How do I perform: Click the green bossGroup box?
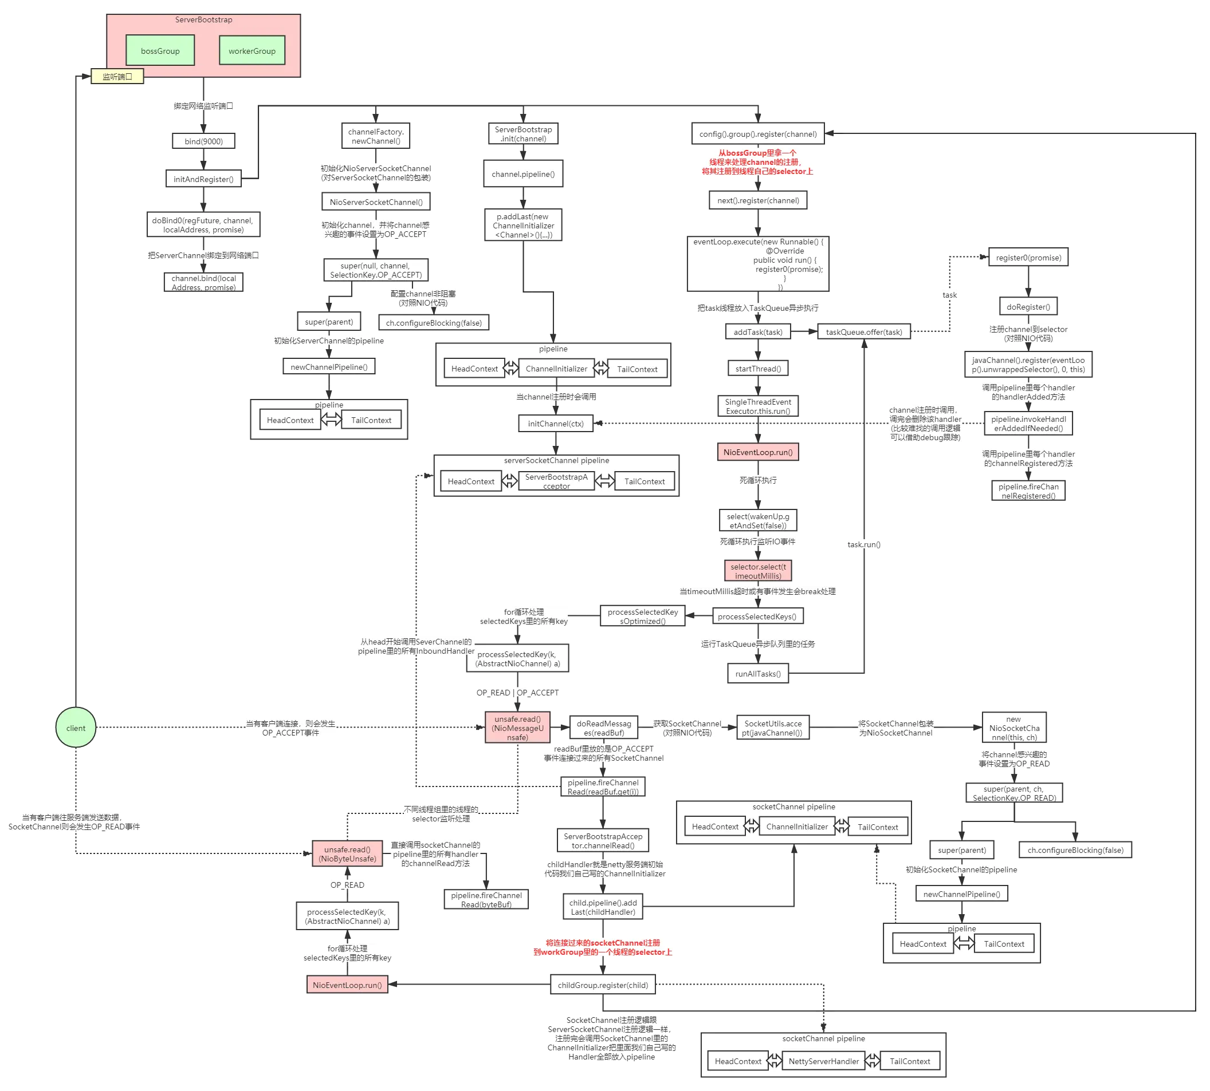point(160,51)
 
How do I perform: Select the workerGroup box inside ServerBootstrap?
point(252,51)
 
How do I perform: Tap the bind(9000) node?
point(203,141)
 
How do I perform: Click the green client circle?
point(76,728)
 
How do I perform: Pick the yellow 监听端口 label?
point(117,77)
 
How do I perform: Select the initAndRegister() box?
point(203,179)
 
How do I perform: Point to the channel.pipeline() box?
point(523,174)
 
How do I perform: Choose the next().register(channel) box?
point(759,200)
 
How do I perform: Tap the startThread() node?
point(759,368)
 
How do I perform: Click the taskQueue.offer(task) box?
point(864,331)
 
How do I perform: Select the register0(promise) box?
point(1028,258)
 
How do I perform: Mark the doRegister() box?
point(1028,307)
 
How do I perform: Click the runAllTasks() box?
point(759,673)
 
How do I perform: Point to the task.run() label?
point(864,544)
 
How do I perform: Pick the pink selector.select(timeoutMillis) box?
point(759,571)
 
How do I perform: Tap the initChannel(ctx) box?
point(556,423)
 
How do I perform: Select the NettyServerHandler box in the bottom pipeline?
point(824,1061)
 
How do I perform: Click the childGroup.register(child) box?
point(603,985)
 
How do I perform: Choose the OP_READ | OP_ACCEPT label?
point(517,693)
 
